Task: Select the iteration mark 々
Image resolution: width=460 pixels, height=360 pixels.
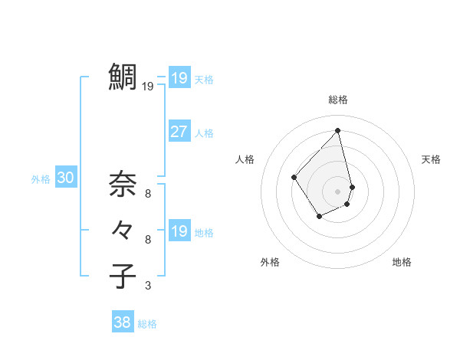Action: pos(123,229)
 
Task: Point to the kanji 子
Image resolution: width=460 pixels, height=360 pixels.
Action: pos(123,275)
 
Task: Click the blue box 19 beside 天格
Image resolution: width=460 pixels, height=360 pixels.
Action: pos(179,78)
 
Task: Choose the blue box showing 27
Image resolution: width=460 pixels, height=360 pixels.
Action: pos(179,132)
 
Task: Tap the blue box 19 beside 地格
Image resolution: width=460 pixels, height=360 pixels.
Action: pos(179,231)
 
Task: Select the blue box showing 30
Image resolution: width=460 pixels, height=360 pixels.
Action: pos(66,178)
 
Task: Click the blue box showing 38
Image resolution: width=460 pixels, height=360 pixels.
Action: pos(123,322)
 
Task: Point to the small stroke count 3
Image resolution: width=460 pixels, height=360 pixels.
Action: pos(148,286)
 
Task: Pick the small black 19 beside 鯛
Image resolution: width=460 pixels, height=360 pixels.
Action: pos(148,87)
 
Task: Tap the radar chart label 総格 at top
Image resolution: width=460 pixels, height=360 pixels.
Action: pos(338,100)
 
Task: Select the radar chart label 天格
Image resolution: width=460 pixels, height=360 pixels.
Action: pos(431,159)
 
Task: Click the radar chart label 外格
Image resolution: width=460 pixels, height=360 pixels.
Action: pos(270,262)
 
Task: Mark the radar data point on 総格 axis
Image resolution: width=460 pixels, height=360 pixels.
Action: pos(338,130)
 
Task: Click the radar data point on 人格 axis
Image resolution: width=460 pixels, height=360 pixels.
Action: pos(294,177)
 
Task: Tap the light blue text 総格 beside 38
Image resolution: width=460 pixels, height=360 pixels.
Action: pos(147,324)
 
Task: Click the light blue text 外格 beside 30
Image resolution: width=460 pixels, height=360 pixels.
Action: pos(41,179)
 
